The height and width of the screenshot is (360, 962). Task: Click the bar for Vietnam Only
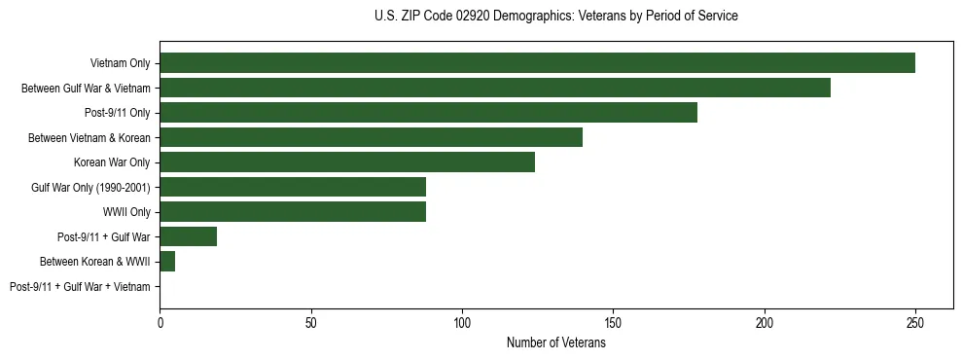coord(537,63)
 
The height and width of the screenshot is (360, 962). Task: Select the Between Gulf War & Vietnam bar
coord(495,88)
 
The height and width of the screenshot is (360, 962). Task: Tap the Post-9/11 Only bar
coord(428,113)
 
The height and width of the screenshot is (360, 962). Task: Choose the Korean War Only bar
coord(347,162)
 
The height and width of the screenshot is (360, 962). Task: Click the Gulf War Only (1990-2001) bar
coord(293,187)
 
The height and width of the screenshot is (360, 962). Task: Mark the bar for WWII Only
coord(293,212)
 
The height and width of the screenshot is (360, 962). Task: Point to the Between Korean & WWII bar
coord(167,262)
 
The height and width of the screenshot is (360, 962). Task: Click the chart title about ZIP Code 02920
coord(555,17)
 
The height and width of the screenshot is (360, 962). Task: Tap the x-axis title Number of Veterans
coord(555,342)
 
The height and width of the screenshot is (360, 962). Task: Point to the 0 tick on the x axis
coord(160,321)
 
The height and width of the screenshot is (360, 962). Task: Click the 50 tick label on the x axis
coord(311,321)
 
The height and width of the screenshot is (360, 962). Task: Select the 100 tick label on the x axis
coord(462,321)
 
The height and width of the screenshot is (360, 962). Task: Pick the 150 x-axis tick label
coord(613,321)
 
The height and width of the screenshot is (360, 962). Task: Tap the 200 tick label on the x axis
coord(765,321)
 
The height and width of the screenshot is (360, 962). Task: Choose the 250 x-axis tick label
coord(915,321)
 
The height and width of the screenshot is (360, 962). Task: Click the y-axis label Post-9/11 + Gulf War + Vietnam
coord(80,287)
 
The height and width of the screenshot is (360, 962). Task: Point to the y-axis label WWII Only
coord(125,212)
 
